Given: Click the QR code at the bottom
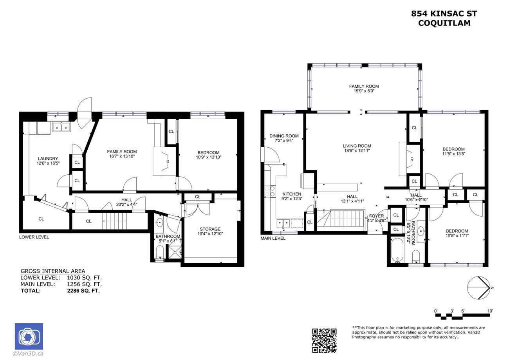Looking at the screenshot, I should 324,340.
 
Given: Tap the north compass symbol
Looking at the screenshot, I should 479,288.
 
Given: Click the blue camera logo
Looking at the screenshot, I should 29,336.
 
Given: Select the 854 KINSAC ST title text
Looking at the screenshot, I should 444,14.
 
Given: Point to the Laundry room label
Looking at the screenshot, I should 48,159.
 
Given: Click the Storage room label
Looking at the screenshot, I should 210,229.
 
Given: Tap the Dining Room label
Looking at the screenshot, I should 284,136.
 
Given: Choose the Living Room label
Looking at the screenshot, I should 357,146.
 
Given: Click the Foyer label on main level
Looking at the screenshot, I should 376,216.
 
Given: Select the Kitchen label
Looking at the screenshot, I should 292,194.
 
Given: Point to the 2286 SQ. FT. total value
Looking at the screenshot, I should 83,291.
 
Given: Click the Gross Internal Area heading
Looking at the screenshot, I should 52,271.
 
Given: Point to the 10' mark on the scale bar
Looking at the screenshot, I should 490,311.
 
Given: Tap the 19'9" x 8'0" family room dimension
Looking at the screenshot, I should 364,91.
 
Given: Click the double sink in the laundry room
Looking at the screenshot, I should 61,127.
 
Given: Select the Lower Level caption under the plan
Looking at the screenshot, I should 34,237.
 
